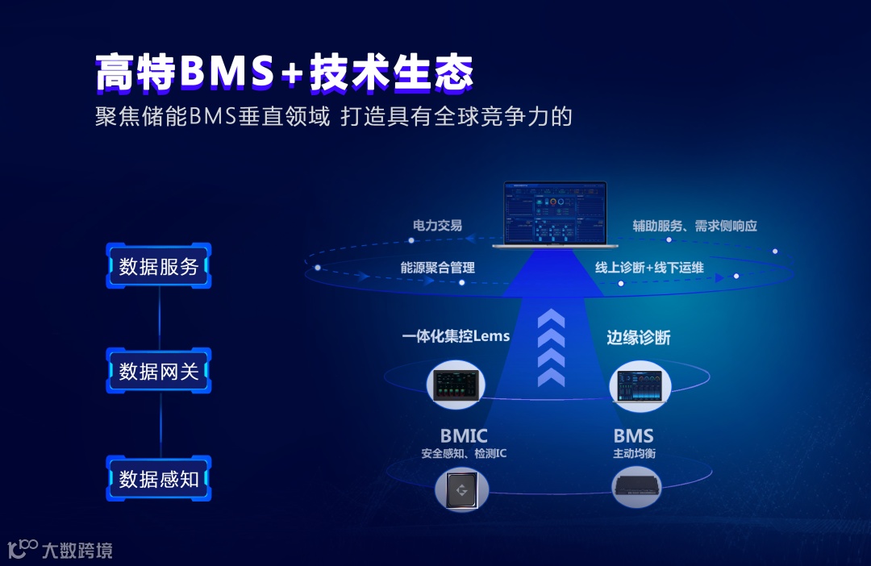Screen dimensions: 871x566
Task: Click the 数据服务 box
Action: (x=159, y=266)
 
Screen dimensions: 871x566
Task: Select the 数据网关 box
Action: (x=159, y=371)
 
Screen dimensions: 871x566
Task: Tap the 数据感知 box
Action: (x=159, y=478)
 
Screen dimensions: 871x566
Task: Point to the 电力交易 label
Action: (x=437, y=226)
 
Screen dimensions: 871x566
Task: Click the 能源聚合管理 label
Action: (x=437, y=268)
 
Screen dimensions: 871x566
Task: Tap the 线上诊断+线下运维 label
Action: (x=649, y=268)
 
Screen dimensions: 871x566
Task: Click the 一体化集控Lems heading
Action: (x=456, y=336)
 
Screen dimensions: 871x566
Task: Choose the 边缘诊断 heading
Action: (x=638, y=337)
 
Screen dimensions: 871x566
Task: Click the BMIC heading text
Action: (x=464, y=437)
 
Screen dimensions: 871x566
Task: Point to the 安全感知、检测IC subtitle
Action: (x=464, y=454)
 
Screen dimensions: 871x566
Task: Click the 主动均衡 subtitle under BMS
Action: (x=634, y=454)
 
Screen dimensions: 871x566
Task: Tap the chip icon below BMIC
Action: (x=462, y=489)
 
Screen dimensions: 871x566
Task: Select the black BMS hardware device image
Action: (x=636, y=486)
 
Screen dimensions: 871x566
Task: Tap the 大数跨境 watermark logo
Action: (x=60, y=551)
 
